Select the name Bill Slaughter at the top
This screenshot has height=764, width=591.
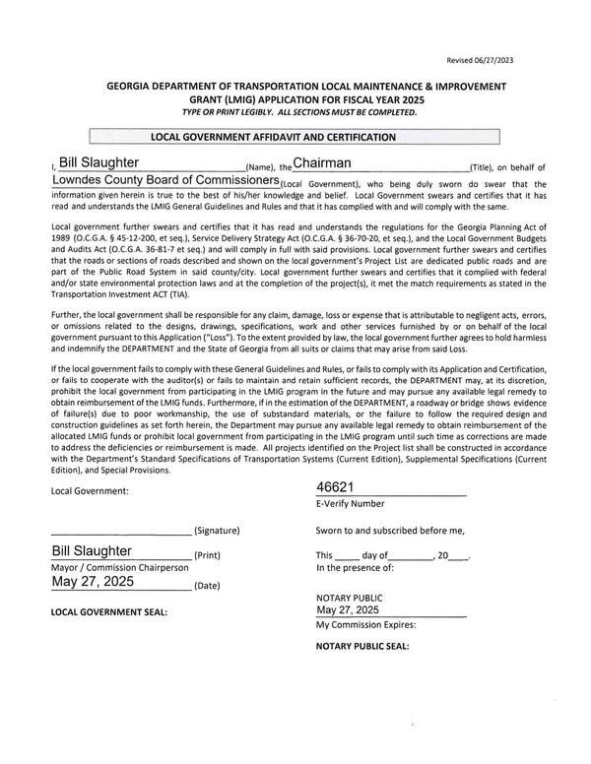(98, 162)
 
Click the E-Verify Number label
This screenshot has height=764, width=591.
(350, 503)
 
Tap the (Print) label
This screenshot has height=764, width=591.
(207, 554)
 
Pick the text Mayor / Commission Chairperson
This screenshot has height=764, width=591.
(118, 567)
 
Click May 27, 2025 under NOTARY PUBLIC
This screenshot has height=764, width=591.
(347, 611)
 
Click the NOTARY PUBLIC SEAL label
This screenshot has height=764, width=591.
(361, 647)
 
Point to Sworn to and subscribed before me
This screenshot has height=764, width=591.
(389, 530)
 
